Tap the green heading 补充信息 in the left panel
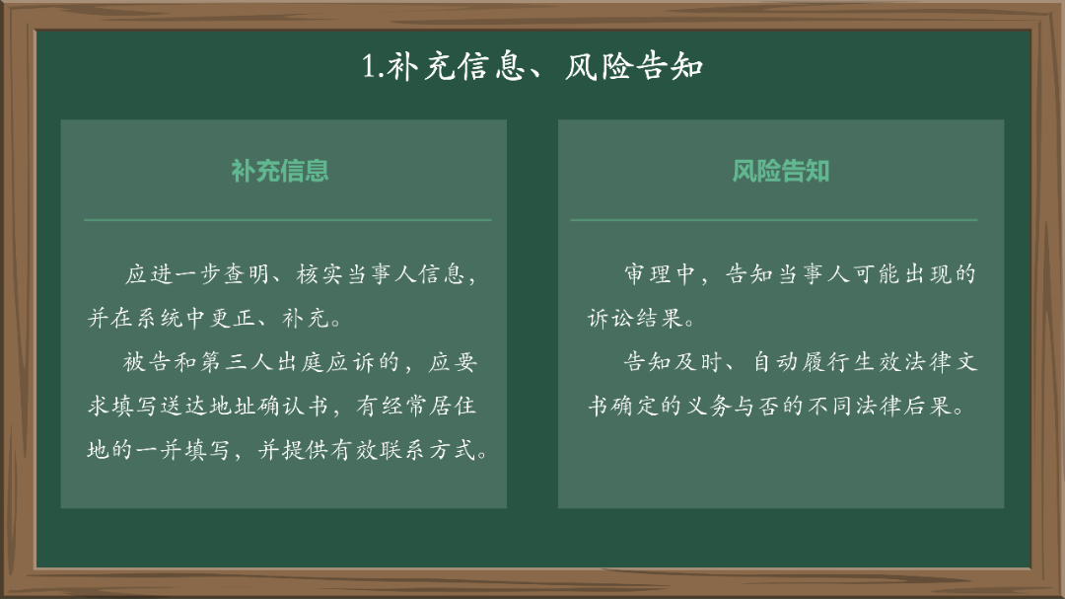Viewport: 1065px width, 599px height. coord(280,171)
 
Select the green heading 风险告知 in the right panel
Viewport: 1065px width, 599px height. coord(780,171)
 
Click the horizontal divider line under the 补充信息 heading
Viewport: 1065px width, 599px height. coord(287,219)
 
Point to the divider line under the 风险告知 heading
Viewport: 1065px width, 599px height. coord(773,219)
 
